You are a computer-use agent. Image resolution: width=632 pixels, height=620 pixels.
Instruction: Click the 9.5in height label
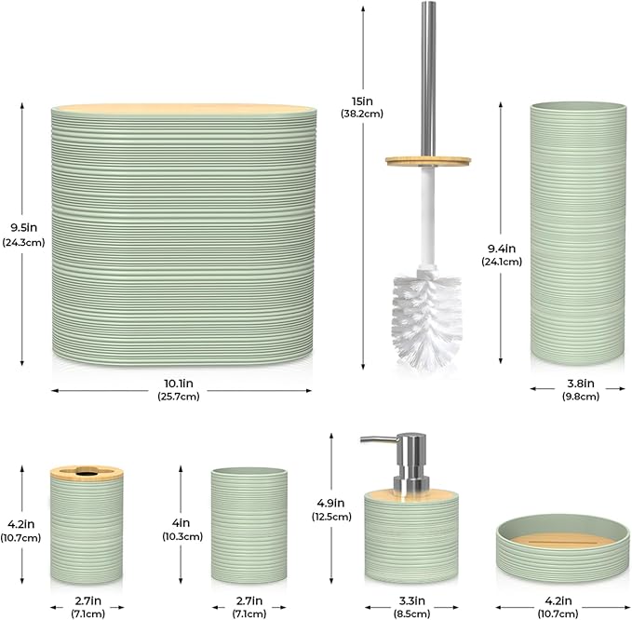pos(24,228)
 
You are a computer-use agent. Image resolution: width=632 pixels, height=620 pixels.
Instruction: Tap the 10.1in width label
pos(179,383)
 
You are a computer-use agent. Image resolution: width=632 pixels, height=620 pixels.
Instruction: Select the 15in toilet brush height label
pos(362,101)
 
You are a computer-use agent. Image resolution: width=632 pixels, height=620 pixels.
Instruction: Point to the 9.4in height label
pos(502,249)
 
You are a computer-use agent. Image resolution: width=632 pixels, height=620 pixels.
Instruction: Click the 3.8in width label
pos(581,383)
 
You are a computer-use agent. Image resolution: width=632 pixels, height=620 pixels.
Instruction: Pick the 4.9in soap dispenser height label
pos(330,503)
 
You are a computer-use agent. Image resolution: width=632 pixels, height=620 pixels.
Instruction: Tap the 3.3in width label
pos(412,600)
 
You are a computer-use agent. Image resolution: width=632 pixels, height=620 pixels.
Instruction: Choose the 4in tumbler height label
pos(182,523)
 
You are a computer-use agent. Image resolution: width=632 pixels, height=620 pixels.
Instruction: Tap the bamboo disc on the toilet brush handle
pos(428,161)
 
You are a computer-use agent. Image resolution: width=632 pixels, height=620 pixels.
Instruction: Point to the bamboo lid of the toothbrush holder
pos(87,472)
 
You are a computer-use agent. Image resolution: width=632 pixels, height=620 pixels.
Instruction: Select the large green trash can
pos(183,235)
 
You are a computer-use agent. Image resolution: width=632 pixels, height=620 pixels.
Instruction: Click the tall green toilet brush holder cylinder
pos(579,234)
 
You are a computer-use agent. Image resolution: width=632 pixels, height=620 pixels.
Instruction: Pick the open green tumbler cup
pos(249,525)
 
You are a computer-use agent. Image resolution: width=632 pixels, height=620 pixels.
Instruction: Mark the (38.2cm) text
pos(362,114)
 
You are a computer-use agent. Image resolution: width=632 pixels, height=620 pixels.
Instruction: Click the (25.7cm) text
pos(179,397)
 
